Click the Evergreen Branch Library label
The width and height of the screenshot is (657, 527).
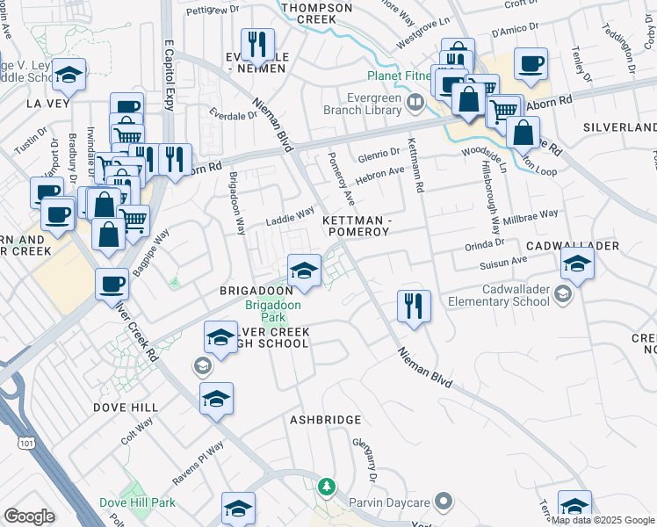pos(367,105)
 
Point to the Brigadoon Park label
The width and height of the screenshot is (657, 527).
pos(272,311)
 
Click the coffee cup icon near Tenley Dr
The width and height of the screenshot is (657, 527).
pos(531,64)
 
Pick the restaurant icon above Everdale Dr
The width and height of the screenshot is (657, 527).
pos(257,45)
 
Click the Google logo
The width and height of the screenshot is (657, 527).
pos(29,516)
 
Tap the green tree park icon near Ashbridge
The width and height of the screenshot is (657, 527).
pos(327,486)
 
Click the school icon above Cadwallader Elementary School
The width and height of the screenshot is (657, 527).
pos(577,262)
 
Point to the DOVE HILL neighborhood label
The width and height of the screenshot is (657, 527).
pos(126,408)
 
